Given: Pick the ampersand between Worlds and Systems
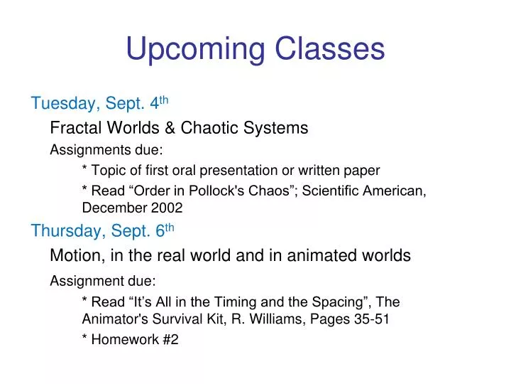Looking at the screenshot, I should (x=171, y=128).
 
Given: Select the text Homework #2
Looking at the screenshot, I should (x=134, y=340).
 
